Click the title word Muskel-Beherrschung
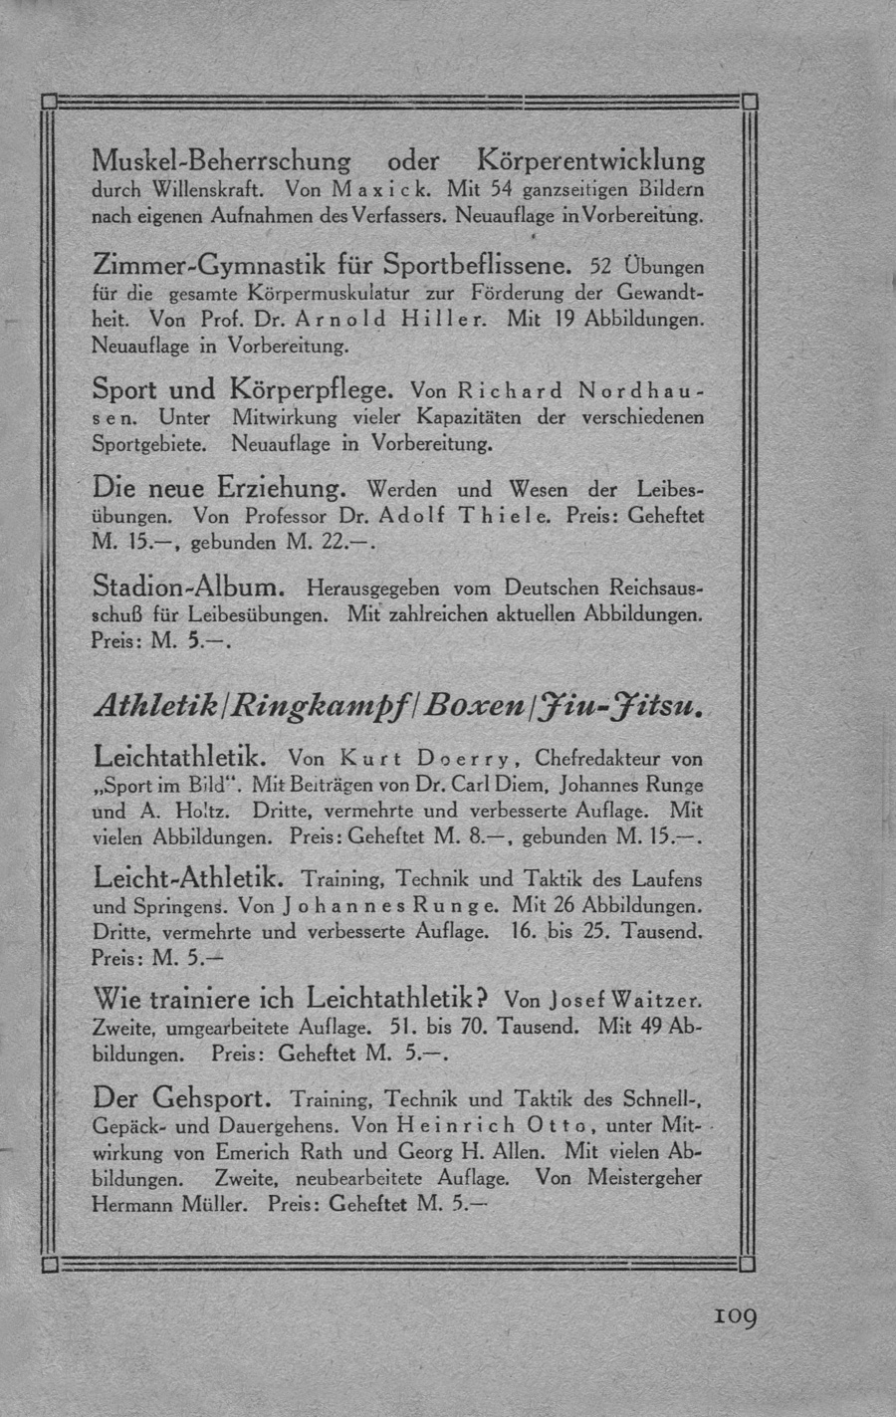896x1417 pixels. pyautogui.click(x=221, y=159)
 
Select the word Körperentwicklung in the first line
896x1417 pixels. pyautogui.click(x=590, y=159)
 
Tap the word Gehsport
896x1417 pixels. pyautogui.click(x=210, y=1099)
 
